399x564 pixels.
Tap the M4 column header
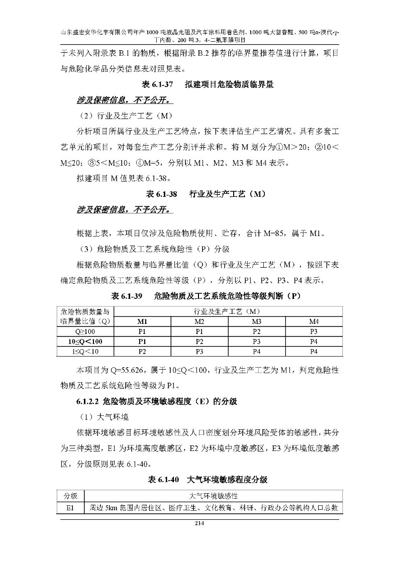(x=314, y=321)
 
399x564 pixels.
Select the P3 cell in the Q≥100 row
(x=314, y=331)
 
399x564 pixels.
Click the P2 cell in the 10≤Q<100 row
(x=199, y=342)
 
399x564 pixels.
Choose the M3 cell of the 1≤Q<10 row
(x=256, y=351)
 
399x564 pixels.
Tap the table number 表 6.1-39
(x=127, y=296)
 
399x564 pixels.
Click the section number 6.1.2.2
(x=87, y=401)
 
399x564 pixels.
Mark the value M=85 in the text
(x=276, y=233)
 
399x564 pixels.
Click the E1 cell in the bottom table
(x=71, y=508)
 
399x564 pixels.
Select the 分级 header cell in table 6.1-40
(x=71, y=496)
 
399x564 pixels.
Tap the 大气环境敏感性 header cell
(x=214, y=496)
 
